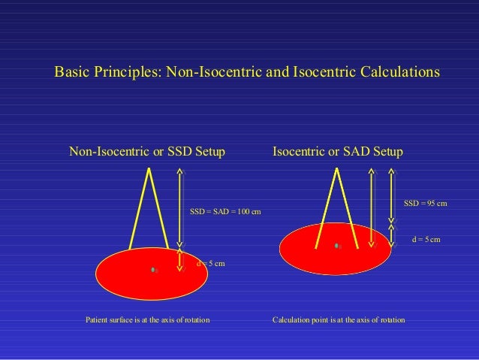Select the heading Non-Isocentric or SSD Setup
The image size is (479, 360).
[x=147, y=153]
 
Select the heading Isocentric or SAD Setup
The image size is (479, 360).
[x=338, y=153]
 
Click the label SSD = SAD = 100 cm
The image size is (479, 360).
[x=225, y=212]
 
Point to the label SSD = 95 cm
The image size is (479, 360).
[x=426, y=204]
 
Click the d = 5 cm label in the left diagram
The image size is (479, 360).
[x=210, y=264]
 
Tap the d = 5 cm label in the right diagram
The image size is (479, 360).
[x=426, y=239]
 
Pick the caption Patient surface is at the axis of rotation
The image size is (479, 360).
[x=148, y=321]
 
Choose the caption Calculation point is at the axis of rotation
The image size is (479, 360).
[x=339, y=321]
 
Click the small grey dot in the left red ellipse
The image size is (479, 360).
[x=153, y=269]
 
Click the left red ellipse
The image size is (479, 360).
[x=128, y=282]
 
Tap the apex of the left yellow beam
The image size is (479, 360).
[x=150, y=168]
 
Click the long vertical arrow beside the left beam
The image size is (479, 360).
[x=179, y=207]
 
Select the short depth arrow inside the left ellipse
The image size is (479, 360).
[x=179, y=260]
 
